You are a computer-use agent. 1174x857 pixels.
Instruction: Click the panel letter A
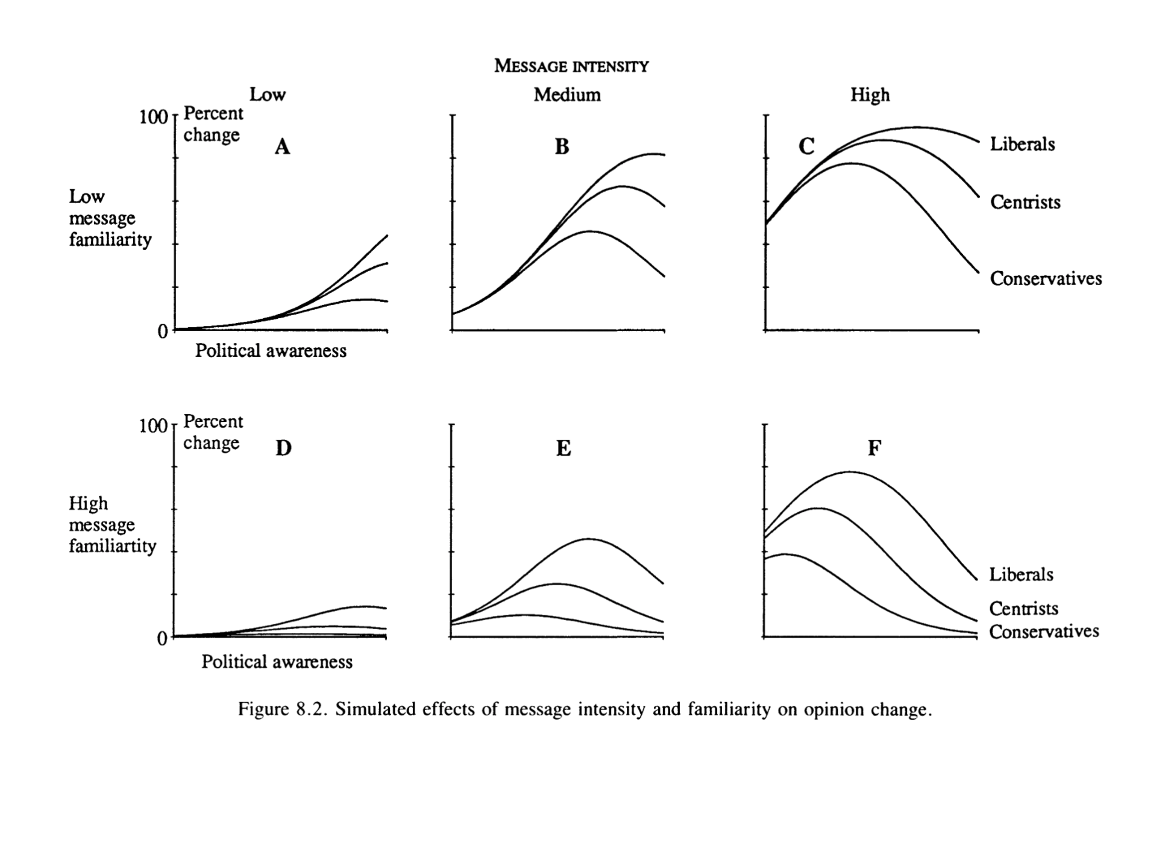click(282, 146)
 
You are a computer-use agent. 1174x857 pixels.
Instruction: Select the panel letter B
click(562, 146)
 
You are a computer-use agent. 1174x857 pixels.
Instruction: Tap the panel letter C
click(806, 146)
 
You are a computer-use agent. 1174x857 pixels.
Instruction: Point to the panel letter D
click(283, 448)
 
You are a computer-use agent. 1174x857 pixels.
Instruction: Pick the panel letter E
click(563, 448)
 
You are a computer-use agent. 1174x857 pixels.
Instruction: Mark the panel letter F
click(874, 448)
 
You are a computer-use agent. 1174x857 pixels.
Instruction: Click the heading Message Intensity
click(571, 66)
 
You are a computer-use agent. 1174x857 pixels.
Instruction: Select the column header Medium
click(567, 95)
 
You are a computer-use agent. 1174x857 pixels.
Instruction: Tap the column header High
click(870, 95)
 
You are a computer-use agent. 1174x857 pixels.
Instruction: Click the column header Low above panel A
click(268, 95)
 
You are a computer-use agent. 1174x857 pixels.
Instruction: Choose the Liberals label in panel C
click(1022, 144)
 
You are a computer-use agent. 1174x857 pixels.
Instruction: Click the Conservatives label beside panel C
click(1046, 278)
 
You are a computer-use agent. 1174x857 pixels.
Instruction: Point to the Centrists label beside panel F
click(1023, 609)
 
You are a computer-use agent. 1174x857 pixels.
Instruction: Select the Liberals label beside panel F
click(1021, 574)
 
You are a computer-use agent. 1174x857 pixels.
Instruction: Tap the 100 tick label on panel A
click(153, 116)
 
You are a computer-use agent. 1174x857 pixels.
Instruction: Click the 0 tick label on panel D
click(162, 639)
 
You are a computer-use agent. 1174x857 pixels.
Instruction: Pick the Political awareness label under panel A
click(271, 351)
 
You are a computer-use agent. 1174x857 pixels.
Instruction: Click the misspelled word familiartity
click(112, 546)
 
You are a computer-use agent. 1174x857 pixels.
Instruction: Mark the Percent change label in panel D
click(213, 432)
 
